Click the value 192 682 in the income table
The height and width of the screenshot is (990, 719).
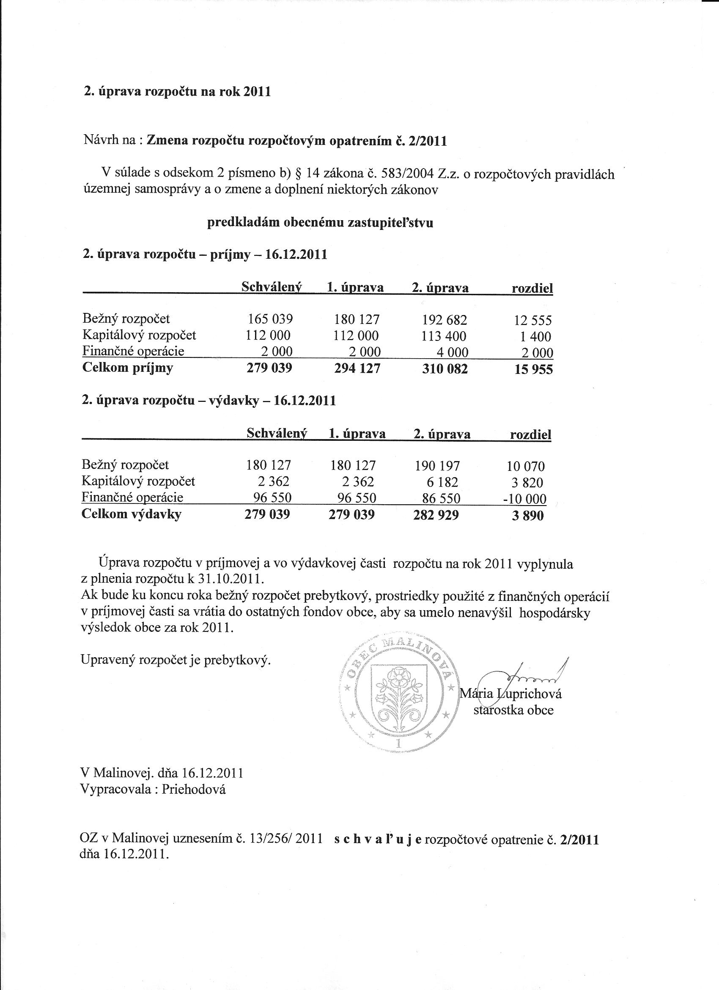coord(445,320)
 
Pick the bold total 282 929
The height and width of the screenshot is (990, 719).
coord(436,515)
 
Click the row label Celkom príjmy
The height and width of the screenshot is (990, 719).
coord(127,368)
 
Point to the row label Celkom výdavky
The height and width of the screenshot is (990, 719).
coord(131,514)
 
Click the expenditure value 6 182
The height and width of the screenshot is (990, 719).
coord(442,482)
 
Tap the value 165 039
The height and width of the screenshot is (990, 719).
coord(270,319)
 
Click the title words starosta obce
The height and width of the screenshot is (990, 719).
coord(513,710)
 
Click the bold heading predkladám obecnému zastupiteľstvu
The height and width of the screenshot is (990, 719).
coord(320,223)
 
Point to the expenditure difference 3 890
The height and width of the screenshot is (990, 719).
coord(527,516)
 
